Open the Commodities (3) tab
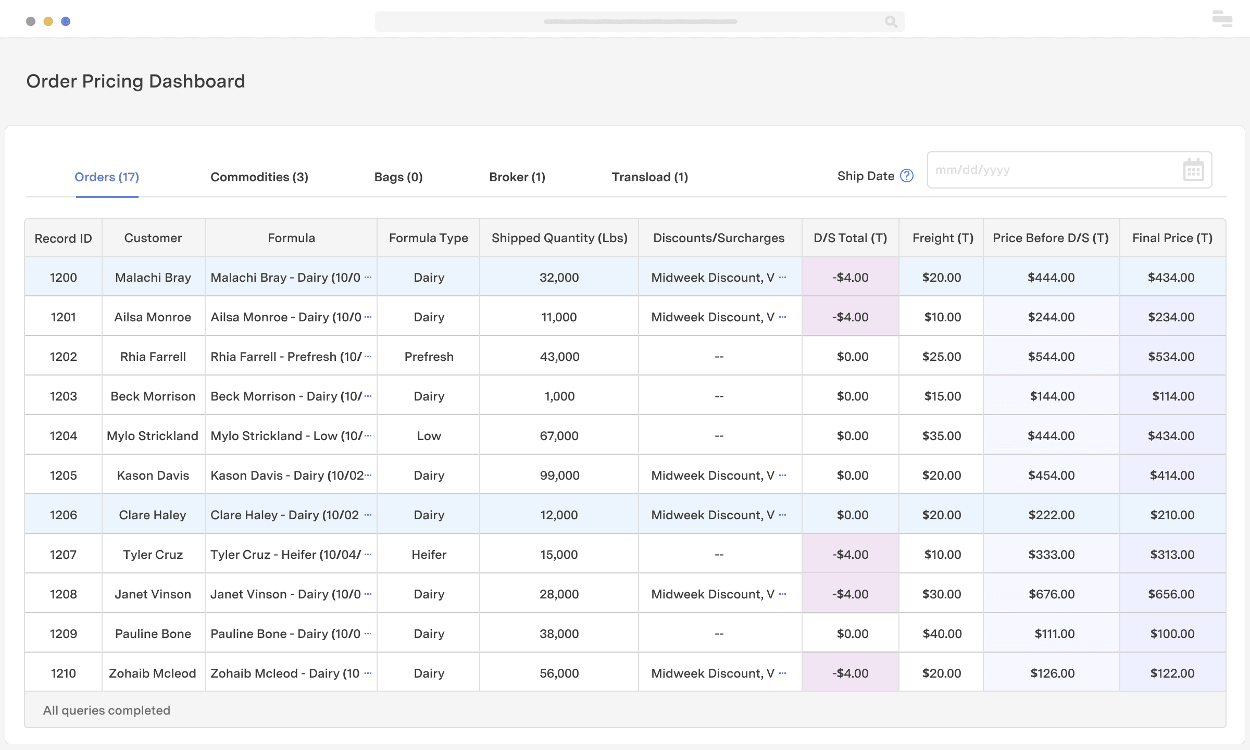(259, 177)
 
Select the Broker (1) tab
(517, 177)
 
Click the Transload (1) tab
(649, 177)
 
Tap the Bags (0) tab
(398, 177)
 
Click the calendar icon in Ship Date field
(1193, 170)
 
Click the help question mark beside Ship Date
(907, 176)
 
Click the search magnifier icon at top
(891, 22)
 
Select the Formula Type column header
(428, 238)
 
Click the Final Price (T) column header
(1172, 238)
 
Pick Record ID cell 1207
(63, 555)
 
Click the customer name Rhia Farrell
(153, 357)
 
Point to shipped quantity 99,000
(559, 476)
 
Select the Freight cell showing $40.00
(942, 634)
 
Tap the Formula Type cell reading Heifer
(429, 555)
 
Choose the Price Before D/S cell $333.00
(1051, 555)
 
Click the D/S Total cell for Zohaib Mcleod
(850, 673)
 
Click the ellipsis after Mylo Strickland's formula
(368, 435)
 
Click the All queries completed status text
(106, 710)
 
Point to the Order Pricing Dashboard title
(135, 81)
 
